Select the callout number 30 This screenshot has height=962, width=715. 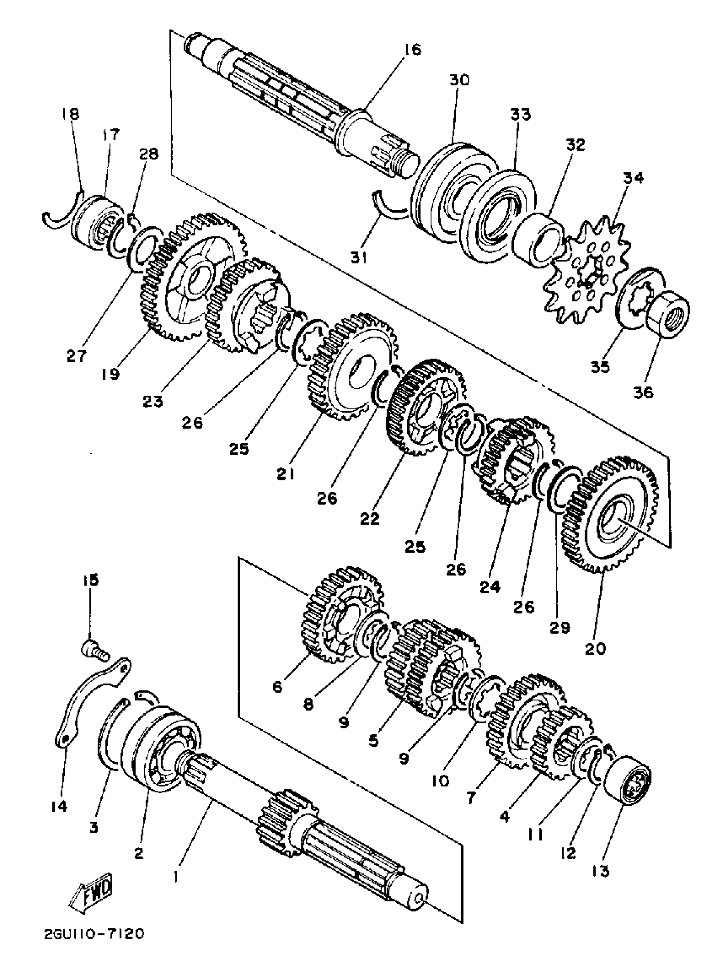pos(458,80)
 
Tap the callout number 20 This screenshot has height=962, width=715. pos(595,661)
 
